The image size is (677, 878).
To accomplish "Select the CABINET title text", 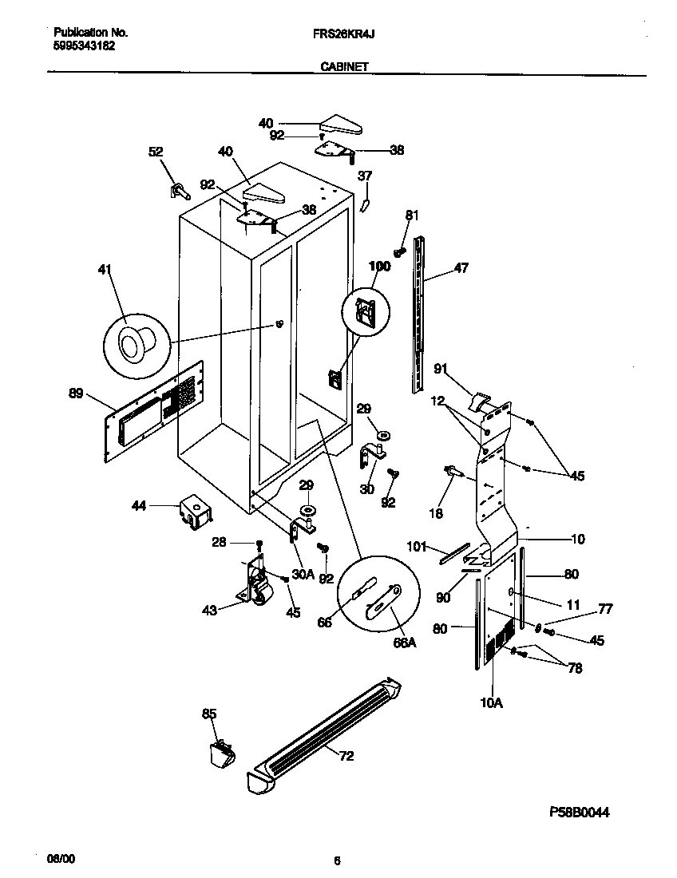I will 343,68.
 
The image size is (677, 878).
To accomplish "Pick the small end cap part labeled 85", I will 218,752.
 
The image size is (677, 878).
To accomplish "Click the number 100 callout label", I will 379,267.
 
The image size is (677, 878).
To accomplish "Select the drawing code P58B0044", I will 580,812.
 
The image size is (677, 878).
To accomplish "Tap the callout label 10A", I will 492,702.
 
